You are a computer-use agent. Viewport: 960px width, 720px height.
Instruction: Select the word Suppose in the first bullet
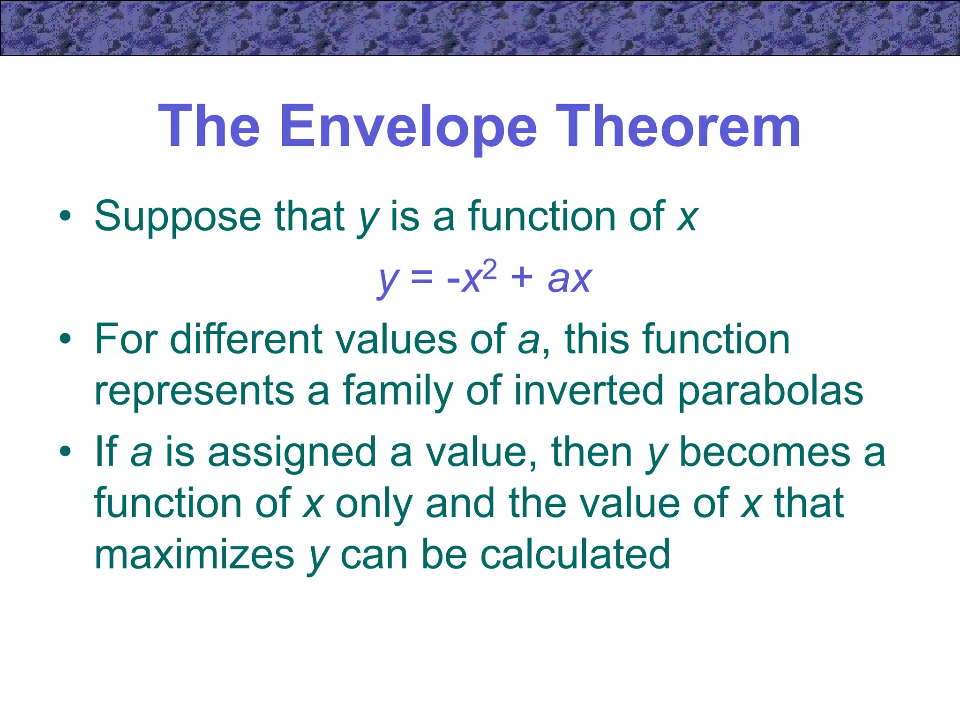[x=178, y=217]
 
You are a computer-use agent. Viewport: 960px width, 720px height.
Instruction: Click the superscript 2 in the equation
[x=489, y=270]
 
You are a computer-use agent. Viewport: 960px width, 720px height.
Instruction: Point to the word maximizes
[x=194, y=555]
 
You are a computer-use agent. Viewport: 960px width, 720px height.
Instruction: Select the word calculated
[x=576, y=555]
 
